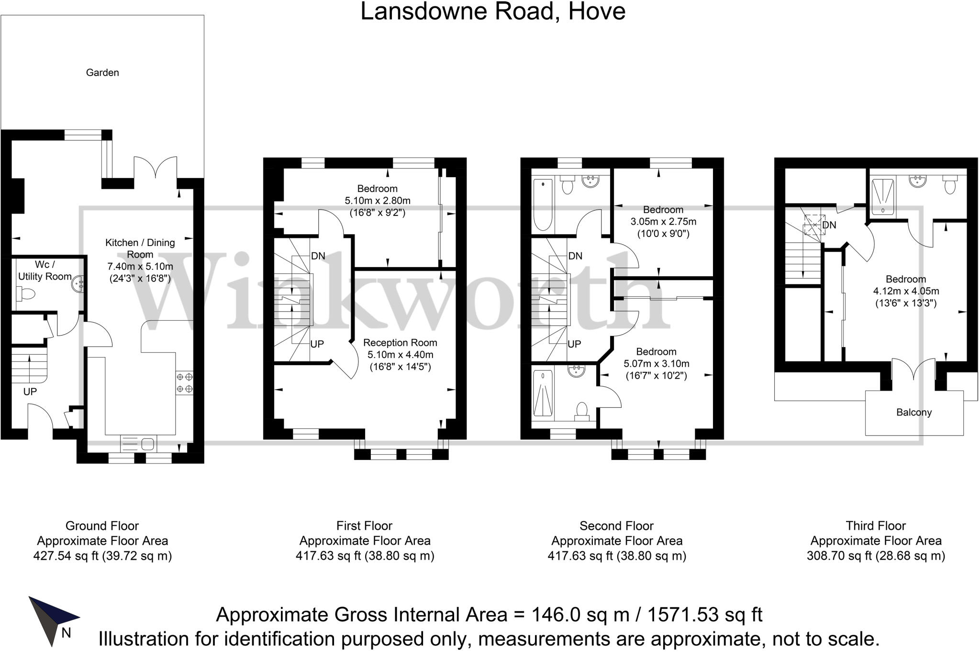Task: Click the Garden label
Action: (102, 73)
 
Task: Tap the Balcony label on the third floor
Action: (913, 413)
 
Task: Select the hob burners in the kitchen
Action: (184, 382)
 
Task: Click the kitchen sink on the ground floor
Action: (138, 443)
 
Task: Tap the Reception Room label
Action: (400, 343)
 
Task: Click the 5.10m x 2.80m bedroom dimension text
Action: (377, 201)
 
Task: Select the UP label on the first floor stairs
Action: (317, 344)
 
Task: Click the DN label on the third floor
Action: (829, 225)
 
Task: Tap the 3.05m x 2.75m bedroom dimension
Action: (663, 222)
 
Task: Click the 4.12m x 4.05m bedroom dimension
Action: (906, 291)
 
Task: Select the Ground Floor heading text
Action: (102, 526)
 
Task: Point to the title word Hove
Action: (596, 11)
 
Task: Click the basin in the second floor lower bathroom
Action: (577, 370)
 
